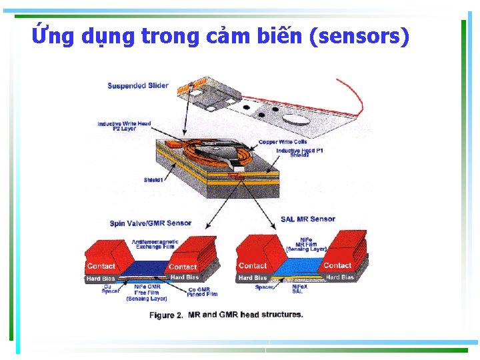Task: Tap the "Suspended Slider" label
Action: click(x=138, y=86)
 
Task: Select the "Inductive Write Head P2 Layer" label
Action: click(x=124, y=126)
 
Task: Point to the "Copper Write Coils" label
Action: click(x=283, y=142)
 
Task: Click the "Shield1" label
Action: click(x=154, y=180)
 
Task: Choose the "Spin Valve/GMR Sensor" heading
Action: click(x=151, y=223)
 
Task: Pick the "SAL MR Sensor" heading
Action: click(x=308, y=219)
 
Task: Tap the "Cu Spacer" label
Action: click(x=111, y=289)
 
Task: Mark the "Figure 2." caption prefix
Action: click(x=166, y=315)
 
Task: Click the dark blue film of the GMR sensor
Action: click(x=143, y=267)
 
